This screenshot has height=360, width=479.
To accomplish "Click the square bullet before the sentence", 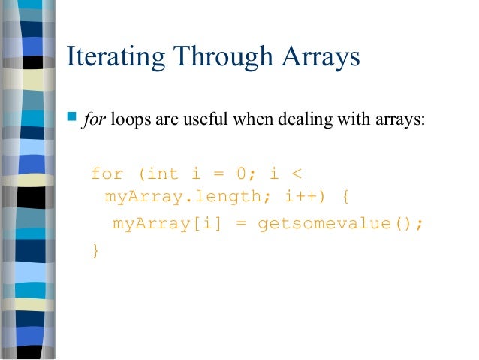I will click(72, 117).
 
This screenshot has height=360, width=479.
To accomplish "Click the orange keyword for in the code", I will click(107, 174).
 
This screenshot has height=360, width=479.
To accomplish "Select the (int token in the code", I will click(159, 174).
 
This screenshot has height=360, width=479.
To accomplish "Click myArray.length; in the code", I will click(181, 199).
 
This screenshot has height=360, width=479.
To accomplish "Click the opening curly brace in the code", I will click(344, 199).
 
